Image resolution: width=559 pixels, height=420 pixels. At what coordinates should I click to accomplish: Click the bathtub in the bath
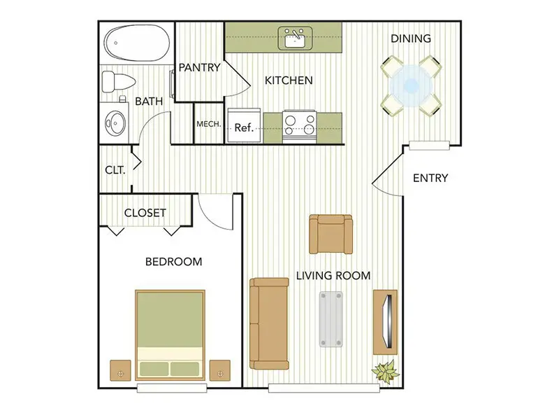(137, 42)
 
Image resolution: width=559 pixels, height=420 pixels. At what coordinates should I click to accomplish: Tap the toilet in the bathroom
(118, 82)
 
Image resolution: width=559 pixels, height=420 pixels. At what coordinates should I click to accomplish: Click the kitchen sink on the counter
(295, 38)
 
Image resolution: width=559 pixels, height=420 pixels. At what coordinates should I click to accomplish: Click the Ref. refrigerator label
(244, 127)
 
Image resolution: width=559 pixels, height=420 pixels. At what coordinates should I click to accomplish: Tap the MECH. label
(208, 124)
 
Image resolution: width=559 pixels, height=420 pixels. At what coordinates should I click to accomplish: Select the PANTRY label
(199, 67)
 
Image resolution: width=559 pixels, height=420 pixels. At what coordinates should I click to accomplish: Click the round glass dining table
(411, 85)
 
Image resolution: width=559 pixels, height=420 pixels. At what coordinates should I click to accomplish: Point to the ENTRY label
(430, 178)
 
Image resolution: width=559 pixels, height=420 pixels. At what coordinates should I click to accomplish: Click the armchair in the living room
(331, 234)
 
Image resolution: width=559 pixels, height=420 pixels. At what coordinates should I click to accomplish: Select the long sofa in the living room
(269, 323)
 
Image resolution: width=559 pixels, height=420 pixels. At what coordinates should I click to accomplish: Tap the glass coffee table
(331, 319)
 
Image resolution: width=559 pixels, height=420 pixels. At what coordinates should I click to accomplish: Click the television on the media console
(388, 321)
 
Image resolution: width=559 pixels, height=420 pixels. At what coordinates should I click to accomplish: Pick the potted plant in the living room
(386, 372)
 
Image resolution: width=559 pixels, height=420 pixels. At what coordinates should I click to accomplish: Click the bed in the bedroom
(170, 335)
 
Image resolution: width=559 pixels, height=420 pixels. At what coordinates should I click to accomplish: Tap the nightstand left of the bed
(120, 370)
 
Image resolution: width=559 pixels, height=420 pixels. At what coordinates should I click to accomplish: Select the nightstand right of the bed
(220, 370)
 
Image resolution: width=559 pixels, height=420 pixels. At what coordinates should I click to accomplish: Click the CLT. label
(115, 170)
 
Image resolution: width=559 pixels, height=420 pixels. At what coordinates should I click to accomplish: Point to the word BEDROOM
(173, 262)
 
